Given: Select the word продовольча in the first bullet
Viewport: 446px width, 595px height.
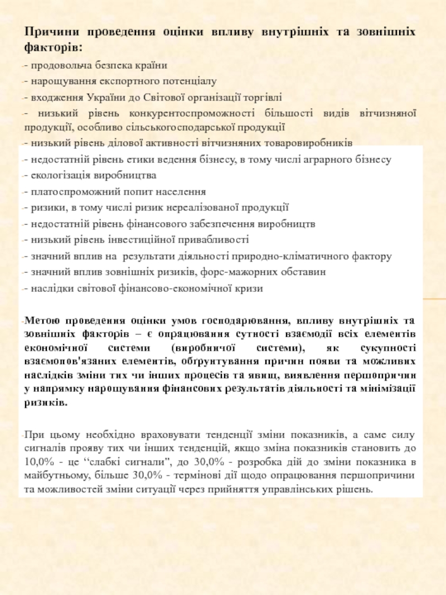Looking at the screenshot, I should pyautogui.click(x=54, y=65).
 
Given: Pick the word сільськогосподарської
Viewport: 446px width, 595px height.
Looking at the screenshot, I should pyautogui.click(x=187, y=127).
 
